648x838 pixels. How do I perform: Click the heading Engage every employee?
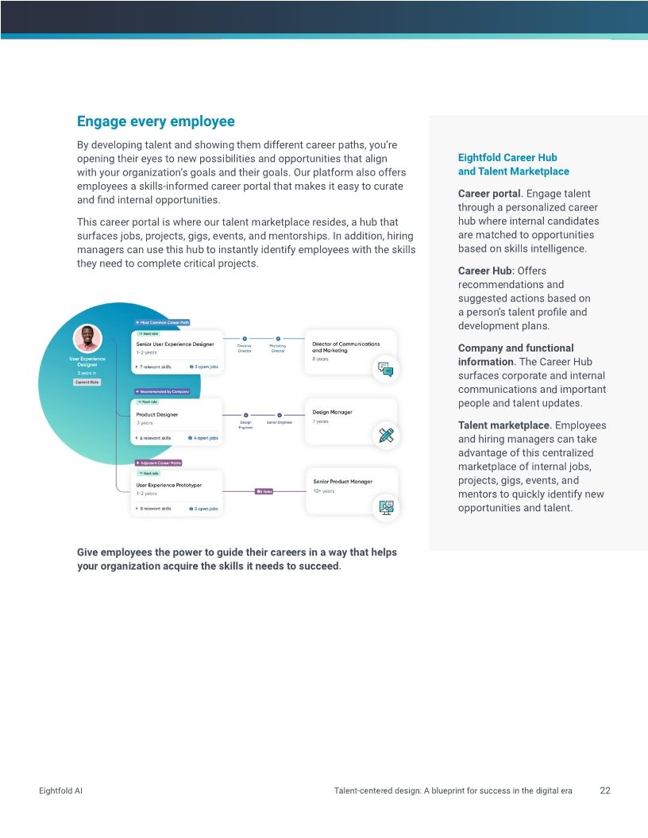pos(156,121)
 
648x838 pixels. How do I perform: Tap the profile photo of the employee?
pos(87,338)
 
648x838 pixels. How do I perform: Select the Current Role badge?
pos(87,382)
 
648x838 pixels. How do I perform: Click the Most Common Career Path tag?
pos(162,323)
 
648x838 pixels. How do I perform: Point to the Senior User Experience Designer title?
pos(175,344)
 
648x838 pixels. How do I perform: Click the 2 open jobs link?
pos(204,367)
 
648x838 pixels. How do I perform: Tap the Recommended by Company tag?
pos(162,391)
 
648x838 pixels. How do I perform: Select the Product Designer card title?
pos(157,414)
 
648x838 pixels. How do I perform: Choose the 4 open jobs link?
pos(203,438)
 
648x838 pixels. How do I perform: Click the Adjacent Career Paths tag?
pos(158,463)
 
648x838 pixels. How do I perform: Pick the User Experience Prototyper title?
pos(169,484)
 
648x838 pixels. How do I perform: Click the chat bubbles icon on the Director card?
pos(386,369)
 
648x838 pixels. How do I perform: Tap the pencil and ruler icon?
pos(386,435)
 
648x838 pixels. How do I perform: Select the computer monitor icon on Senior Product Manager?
pos(387,506)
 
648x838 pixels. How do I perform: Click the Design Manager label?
pos(332,412)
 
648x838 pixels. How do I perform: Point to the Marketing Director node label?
pos(277,348)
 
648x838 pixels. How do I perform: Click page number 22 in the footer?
pos(605,790)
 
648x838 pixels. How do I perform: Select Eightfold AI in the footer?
pos(60,791)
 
